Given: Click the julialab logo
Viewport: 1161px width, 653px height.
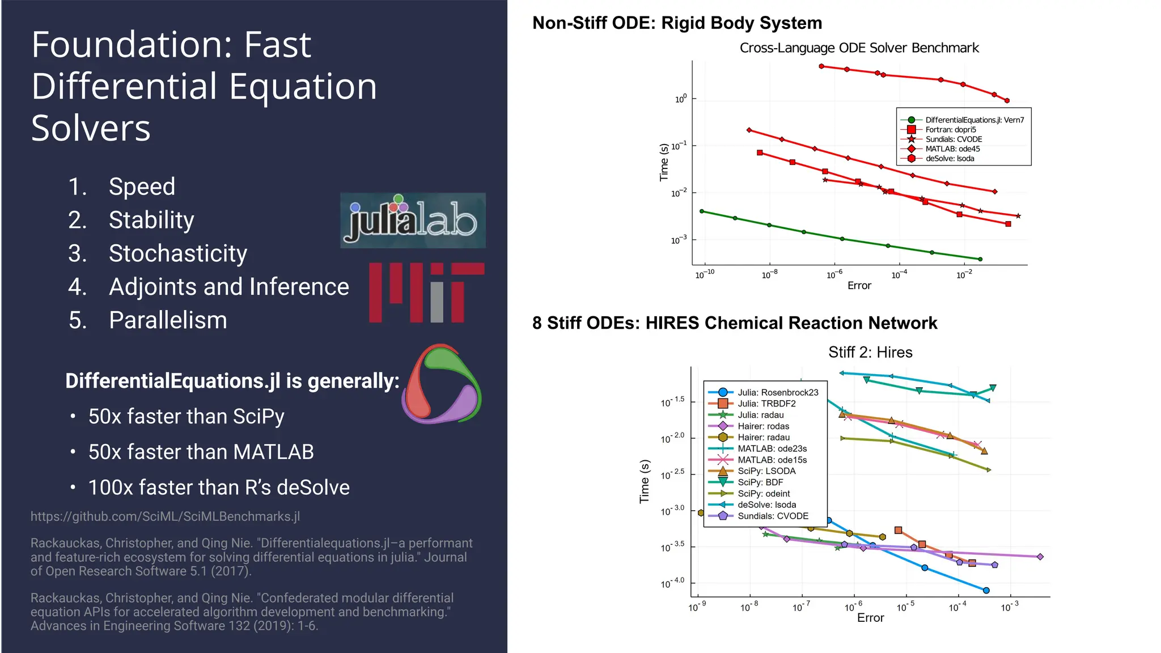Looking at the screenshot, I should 413,221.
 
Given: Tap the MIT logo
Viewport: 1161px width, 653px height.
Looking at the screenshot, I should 426,292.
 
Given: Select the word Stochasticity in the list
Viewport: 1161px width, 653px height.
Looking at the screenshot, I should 177,253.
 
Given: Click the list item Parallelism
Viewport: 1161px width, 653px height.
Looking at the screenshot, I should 168,320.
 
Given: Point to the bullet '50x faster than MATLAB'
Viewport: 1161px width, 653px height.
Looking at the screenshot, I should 201,452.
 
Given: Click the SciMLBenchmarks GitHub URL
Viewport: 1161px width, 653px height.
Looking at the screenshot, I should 165,516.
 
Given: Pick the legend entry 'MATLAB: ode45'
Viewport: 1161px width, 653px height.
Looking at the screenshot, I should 952,149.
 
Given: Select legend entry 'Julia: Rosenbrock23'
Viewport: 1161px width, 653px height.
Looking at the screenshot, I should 777,392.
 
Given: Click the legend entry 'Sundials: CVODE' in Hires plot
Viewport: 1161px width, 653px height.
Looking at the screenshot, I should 773,516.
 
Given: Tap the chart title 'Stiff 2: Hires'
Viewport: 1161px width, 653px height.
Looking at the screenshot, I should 870,353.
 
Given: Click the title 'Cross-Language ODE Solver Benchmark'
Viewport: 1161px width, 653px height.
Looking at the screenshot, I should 859,48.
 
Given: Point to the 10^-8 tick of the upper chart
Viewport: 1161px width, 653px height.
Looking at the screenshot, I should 769,275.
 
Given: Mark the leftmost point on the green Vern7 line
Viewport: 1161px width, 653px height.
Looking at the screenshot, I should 702,211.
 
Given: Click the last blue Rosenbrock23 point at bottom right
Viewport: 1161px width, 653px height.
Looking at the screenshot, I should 986,590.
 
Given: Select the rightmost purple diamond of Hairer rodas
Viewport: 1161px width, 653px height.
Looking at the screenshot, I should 1040,557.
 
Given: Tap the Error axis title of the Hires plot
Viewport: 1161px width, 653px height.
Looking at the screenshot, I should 870,618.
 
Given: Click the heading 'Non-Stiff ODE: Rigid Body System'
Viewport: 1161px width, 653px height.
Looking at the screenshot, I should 677,23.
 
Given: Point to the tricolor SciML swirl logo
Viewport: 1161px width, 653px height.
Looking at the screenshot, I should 442,384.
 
